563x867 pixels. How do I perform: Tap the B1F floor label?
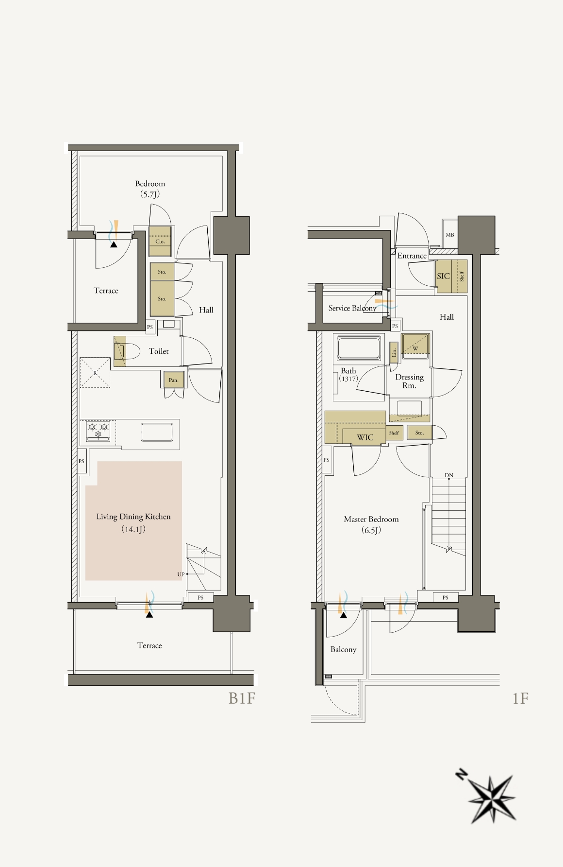click(242, 698)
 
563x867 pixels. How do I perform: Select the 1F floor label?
click(520, 698)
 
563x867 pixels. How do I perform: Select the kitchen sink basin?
click(157, 432)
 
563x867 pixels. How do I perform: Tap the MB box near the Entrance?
click(450, 235)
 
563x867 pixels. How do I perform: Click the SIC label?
click(443, 276)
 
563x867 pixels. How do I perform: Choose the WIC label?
click(365, 437)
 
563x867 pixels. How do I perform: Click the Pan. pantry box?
click(173, 380)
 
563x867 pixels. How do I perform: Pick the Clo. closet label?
click(160, 242)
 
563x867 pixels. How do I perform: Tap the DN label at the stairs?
click(449, 475)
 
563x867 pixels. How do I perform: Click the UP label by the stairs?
click(181, 574)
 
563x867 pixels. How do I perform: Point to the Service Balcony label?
click(352, 308)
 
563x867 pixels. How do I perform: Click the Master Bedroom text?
click(371, 519)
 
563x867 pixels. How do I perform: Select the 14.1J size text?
click(133, 529)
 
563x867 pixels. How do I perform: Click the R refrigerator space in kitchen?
click(95, 373)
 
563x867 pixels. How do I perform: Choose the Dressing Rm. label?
click(409, 381)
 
